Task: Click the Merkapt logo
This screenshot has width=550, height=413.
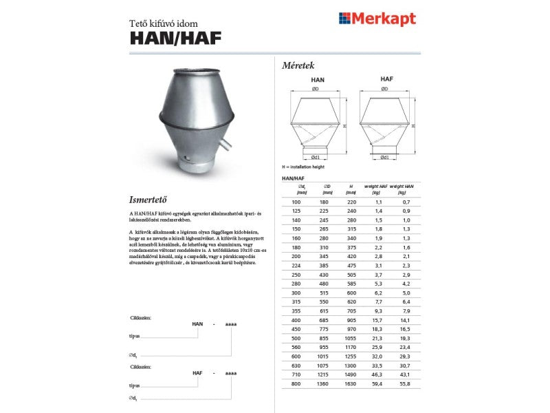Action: pos(377,19)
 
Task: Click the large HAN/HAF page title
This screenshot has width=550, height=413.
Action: pos(175,39)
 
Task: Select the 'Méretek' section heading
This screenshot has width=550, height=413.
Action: pos(298,66)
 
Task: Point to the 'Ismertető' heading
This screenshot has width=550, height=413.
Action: pos(148,200)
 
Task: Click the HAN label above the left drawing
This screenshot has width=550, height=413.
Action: pos(317,80)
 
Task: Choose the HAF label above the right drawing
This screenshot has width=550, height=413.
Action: pos(386,80)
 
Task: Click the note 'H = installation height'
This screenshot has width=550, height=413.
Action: pos(303,167)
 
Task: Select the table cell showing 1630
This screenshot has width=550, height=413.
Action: pos(351,383)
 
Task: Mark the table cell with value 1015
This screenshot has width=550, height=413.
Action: pos(325,357)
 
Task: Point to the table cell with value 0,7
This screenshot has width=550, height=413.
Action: pos(405,202)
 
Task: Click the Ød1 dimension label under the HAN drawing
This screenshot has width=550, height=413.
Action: pos(316,158)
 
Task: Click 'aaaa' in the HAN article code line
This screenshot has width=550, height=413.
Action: pos(230,324)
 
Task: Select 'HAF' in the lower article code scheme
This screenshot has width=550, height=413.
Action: pos(197,372)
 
